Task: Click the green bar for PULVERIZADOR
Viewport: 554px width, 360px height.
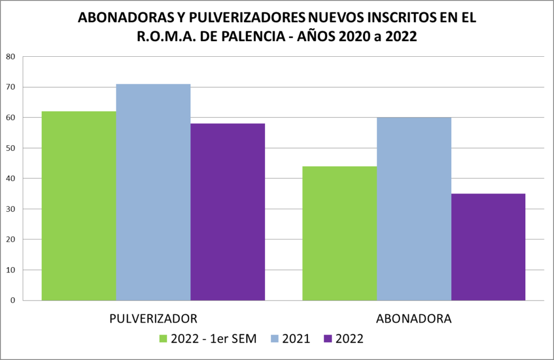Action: [79, 205]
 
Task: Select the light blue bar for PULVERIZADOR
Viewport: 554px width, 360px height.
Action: [153, 192]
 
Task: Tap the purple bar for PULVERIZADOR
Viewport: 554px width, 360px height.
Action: [228, 211]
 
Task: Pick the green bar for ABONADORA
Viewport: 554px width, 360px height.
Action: [339, 233]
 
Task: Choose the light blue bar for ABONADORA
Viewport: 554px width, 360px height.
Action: [414, 209]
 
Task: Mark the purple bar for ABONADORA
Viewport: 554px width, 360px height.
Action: [488, 246]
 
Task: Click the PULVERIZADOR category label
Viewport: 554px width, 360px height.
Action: [153, 317]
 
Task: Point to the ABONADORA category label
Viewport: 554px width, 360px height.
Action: [414, 317]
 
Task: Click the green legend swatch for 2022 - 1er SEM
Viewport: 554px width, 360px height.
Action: [163, 339]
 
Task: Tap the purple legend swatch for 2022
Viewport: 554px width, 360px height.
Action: [328, 339]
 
